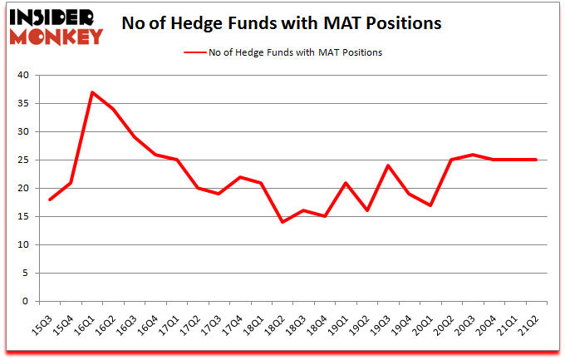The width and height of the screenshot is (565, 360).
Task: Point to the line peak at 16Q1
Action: pos(93,92)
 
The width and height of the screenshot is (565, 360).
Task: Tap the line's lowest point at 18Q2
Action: pos(282,222)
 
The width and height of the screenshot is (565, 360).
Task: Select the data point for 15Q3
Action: pos(51,200)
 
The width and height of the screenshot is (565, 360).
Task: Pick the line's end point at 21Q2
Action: pos(536,160)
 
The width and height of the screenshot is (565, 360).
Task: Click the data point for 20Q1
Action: pos(430,205)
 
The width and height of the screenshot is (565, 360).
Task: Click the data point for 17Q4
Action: pos(240,177)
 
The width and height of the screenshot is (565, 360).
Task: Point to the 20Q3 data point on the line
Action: pos(473,155)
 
